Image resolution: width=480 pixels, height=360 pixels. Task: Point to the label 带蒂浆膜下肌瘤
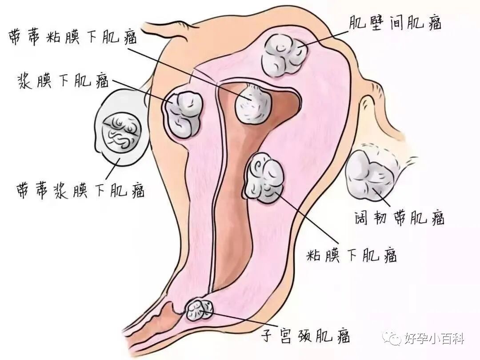pos(80,189)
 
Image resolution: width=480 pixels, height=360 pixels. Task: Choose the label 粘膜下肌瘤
pos(352,255)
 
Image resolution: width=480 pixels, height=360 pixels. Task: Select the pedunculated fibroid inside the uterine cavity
pos(253,105)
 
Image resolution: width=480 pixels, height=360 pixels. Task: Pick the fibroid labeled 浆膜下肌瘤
pos(184,114)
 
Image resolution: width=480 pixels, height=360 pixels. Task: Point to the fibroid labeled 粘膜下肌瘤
pos(264,178)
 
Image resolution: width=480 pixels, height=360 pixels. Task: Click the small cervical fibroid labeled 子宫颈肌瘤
pos(200,309)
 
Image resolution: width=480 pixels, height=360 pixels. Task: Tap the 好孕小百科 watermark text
pos(434,339)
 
